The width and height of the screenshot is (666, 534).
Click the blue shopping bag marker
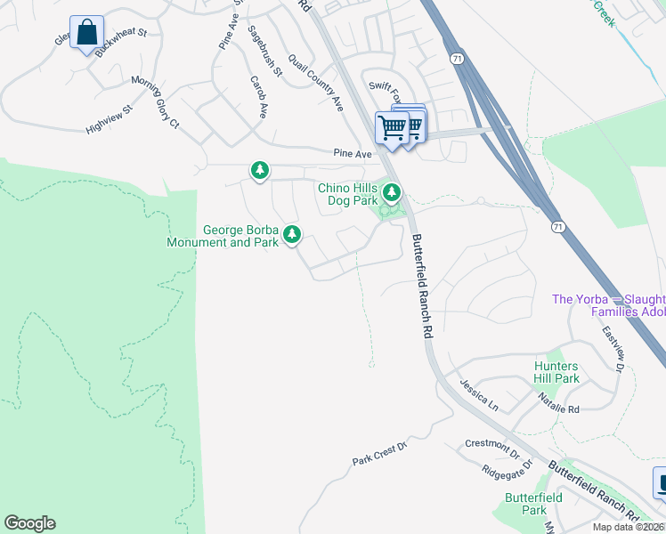tap(86, 33)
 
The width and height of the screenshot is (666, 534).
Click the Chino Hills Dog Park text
tap(348, 195)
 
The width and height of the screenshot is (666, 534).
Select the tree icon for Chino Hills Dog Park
tap(391, 191)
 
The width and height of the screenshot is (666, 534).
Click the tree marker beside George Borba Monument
tap(291, 235)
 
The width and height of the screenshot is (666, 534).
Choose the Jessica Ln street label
tap(479, 393)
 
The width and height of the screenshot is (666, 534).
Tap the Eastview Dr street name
tap(611, 347)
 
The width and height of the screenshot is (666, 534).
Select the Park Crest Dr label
tap(378, 454)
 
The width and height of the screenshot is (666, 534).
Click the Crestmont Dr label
tap(492, 448)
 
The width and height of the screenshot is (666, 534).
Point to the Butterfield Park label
tap(525, 504)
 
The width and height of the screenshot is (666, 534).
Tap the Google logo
tap(29, 523)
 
